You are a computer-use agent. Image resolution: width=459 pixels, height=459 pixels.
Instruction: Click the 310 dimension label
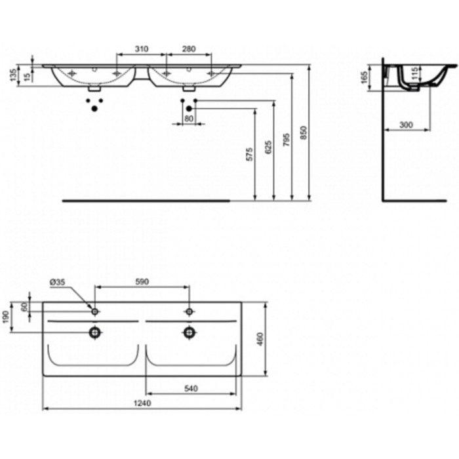click(142, 49)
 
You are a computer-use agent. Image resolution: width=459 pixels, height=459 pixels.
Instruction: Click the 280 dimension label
click(189, 49)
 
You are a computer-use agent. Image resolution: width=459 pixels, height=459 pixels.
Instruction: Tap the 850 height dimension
click(304, 132)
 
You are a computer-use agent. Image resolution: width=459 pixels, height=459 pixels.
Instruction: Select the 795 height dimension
click(287, 140)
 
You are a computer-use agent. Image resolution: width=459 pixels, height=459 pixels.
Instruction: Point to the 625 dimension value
click(268, 148)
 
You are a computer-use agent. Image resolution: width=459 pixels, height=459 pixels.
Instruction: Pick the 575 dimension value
click(249, 154)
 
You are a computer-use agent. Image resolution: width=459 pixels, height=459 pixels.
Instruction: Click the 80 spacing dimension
click(189, 119)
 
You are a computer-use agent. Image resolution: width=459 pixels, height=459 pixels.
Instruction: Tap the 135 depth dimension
click(13, 75)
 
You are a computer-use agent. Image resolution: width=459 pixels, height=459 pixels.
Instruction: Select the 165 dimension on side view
click(365, 77)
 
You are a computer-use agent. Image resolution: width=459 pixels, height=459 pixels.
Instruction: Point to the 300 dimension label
click(406, 125)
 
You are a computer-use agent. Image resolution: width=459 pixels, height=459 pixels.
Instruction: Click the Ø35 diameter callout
click(58, 282)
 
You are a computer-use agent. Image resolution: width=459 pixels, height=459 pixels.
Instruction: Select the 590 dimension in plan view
click(142, 281)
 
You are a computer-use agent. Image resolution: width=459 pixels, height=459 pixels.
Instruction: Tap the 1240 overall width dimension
click(142, 403)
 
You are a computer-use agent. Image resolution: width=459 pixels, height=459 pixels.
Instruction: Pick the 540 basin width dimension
click(191, 388)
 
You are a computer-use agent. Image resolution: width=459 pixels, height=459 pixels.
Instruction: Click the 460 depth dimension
click(260, 339)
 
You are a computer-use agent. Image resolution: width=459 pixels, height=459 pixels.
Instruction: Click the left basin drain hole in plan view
click(95, 332)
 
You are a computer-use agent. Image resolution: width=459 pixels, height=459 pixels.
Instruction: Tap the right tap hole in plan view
click(189, 311)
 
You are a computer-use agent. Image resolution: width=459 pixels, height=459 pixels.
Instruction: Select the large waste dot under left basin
click(94, 109)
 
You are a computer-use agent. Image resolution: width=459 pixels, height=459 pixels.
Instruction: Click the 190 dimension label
click(6, 317)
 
